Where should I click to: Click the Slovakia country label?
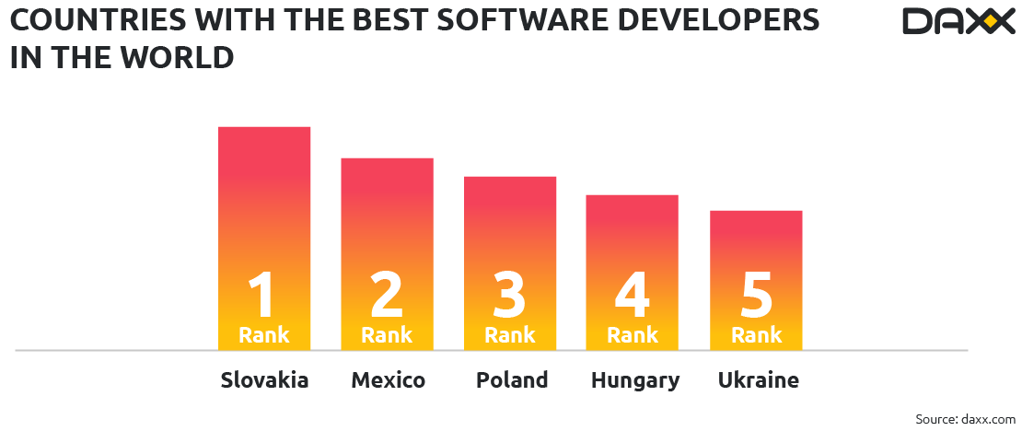coord(264,380)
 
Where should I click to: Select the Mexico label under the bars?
coord(388,380)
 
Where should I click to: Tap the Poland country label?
coord(511,380)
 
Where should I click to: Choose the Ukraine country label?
coord(758,380)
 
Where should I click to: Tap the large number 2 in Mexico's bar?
coord(387,294)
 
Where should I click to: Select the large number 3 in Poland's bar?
coord(510,294)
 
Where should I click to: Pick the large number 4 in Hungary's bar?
coord(633,294)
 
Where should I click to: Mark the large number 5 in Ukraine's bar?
coord(757,294)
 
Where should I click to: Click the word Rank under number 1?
coord(264,335)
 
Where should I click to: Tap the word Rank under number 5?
coord(757,335)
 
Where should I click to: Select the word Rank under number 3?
coord(510,335)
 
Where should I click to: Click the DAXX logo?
coord(958,21)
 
